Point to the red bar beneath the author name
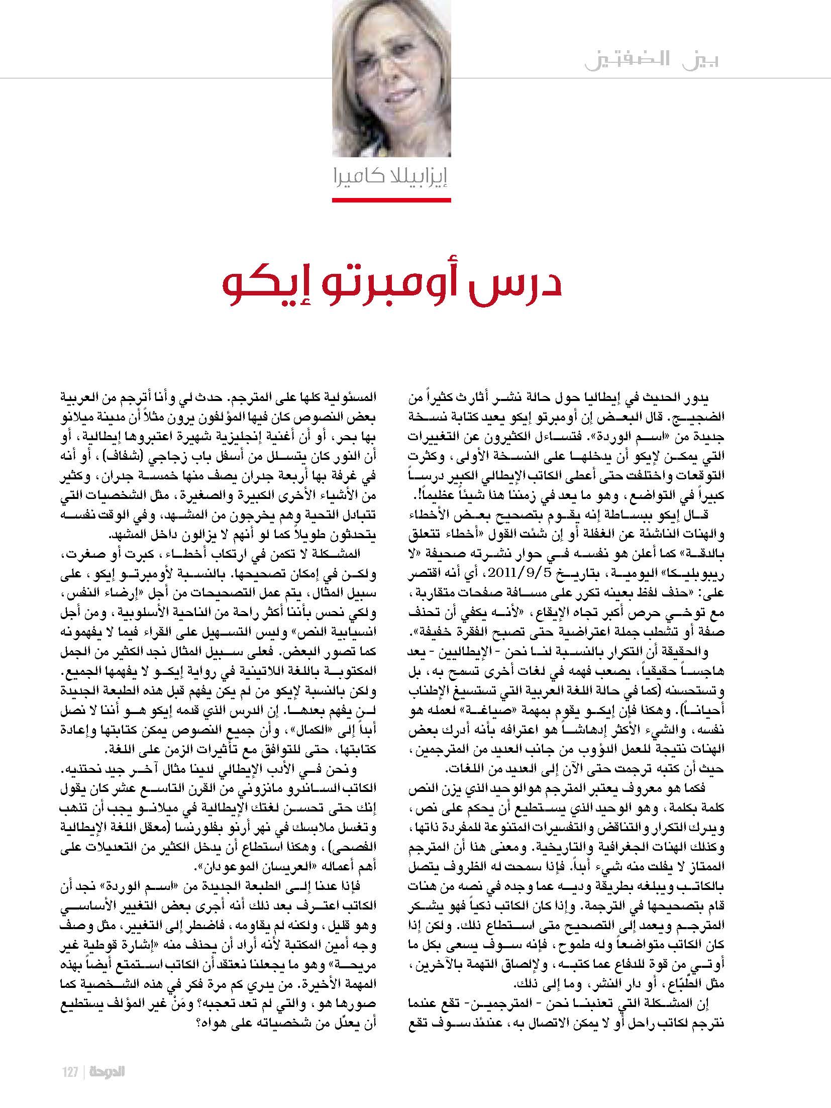[391, 200]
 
